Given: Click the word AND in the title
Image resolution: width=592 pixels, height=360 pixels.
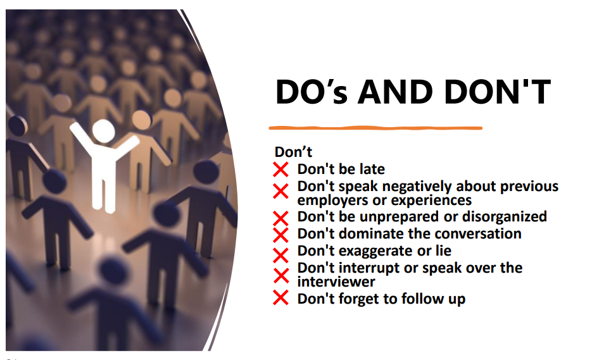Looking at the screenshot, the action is click(395, 92).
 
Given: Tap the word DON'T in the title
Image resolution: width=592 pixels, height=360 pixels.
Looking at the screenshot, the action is click(498, 92).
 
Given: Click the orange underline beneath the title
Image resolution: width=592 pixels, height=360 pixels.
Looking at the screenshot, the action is click(375, 128).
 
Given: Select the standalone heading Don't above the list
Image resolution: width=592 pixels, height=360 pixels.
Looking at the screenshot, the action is click(293, 152).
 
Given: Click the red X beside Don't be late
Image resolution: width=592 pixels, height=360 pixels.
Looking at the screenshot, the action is click(281, 170).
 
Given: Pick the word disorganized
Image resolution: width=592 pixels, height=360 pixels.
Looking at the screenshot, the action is click(505, 216).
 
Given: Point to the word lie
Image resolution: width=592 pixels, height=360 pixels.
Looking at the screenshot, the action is click(444, 251).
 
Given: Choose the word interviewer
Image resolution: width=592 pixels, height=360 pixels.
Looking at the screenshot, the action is click(336, 282).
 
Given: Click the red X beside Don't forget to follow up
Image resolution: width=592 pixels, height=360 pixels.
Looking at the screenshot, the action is click(281, 297).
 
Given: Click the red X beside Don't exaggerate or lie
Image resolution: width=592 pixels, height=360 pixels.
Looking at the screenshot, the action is click(281, 256).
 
